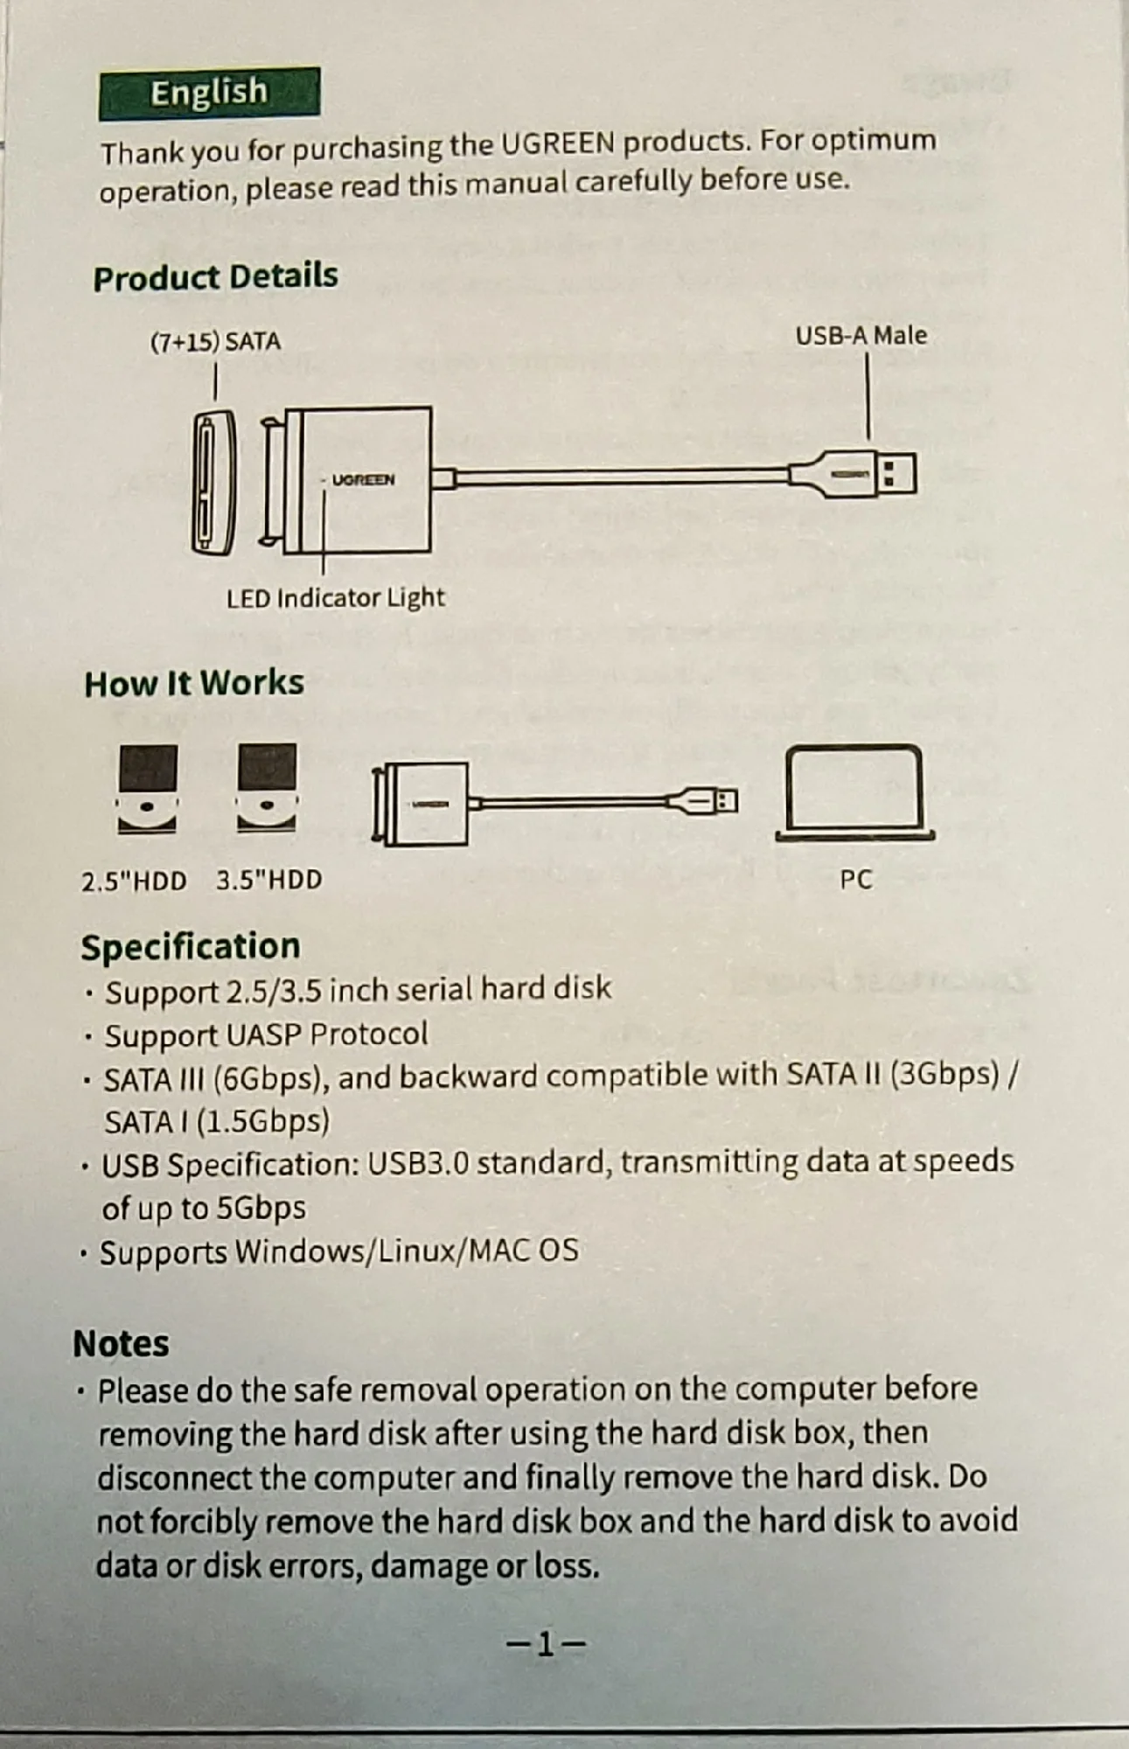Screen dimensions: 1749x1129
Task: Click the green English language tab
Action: click(x=209, y=93)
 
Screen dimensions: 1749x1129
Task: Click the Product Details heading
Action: click(x=215, y=276)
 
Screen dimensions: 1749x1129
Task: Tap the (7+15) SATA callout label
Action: click(x=215, y=341)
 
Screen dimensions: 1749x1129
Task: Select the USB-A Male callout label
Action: click(x=861, y=336)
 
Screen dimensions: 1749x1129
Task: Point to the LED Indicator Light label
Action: click(x=335, y=598)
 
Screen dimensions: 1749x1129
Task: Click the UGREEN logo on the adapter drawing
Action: click(x=363, y=480)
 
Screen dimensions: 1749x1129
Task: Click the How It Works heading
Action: click(x=194, y=683)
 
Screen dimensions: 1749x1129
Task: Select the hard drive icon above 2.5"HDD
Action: click(x=147, y=788)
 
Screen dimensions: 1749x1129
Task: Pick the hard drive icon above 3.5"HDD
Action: click(x=267, y=787)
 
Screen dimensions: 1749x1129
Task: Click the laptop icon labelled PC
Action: click(x=854, y=792)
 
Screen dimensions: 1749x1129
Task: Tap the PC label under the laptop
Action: click(x=856, y=879)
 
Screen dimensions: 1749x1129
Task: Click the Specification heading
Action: click(x=191, y=947)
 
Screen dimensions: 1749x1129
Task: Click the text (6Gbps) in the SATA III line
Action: click(x=272, y=1079)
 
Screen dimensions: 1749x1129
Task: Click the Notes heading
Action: click(x=122, y=1344)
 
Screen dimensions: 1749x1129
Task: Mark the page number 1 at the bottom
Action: click(x=546, y=1645)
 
